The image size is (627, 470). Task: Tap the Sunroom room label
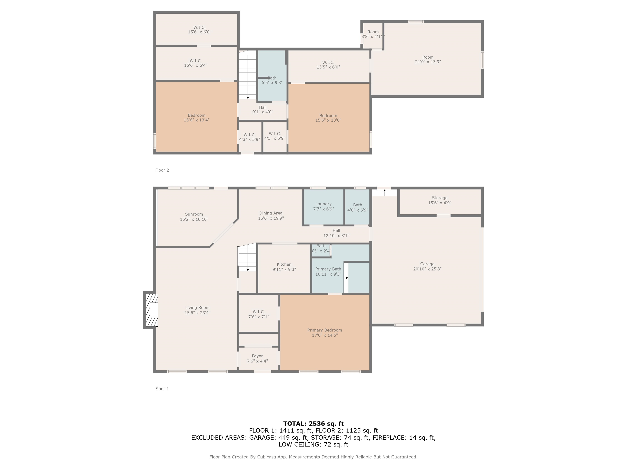194,214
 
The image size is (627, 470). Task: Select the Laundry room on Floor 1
324,206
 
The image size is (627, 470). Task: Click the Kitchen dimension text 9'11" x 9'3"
284,269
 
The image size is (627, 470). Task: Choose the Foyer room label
257,356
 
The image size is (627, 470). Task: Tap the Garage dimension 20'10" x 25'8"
427,269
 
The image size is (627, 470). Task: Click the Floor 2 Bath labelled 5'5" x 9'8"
272,80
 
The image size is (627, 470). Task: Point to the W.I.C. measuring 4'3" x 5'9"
249,137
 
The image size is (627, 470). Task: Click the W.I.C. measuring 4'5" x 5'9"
275,136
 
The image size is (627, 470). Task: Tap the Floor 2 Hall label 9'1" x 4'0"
262,110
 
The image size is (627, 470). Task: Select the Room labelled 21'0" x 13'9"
428,60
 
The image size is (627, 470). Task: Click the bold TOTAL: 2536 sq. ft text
313,423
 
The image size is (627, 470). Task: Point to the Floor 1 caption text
162,389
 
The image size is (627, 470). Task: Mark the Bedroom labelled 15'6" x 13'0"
328,118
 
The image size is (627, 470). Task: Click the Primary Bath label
328,269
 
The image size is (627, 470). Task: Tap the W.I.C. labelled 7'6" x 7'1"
259,314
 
